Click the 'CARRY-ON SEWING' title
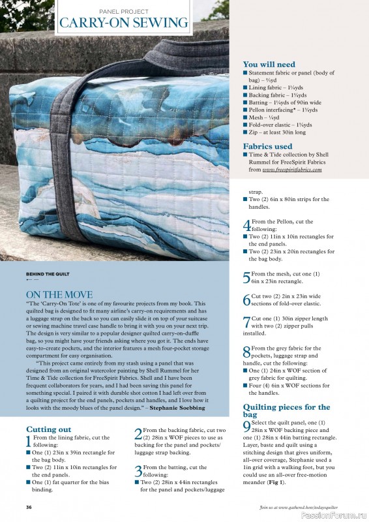(124, 23)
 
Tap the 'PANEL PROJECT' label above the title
(124, 11)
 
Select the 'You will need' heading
(269, 65)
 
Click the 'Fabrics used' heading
(267, 147)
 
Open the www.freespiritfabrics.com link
(292, 169)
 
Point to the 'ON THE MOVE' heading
(59, 295)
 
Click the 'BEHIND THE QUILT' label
(47, 273)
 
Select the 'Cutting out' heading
(48, 429)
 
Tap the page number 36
(29, 507)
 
